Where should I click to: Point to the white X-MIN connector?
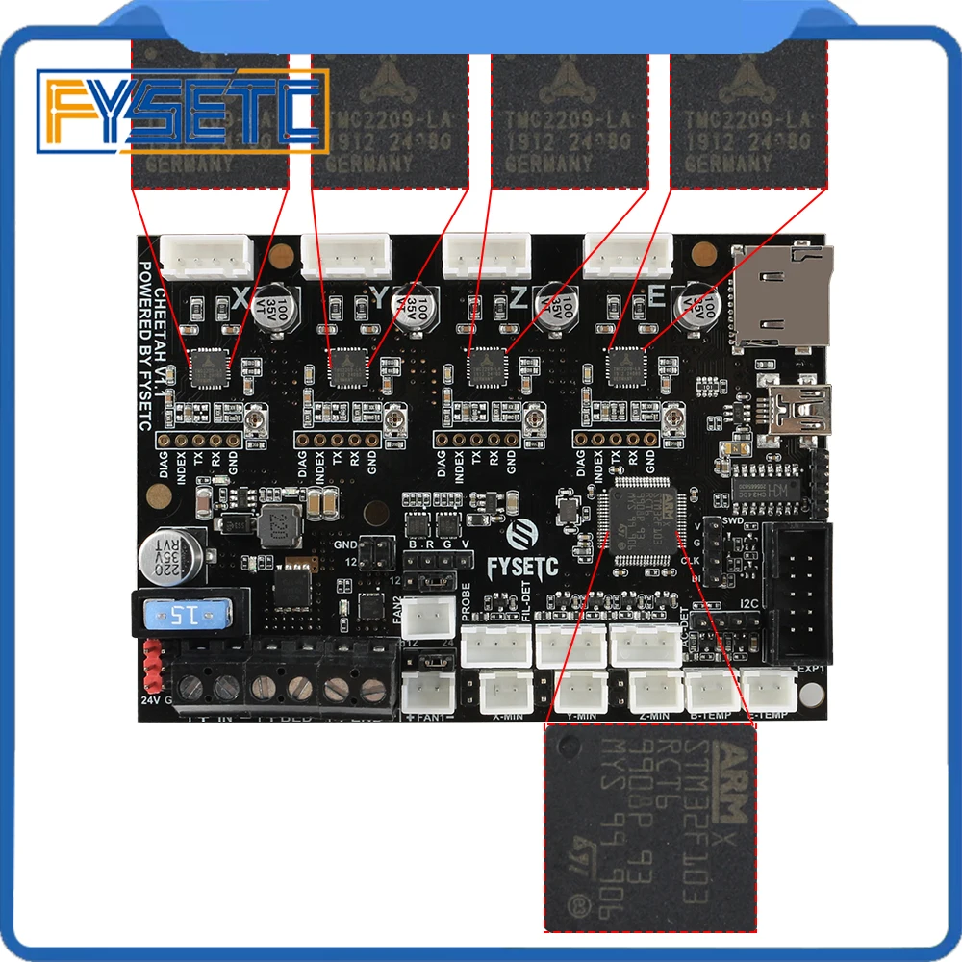coord(505,689)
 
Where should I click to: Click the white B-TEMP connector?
coord(712,689)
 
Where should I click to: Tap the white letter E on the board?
coord(658,299)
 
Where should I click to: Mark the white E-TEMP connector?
coord(772,689)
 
